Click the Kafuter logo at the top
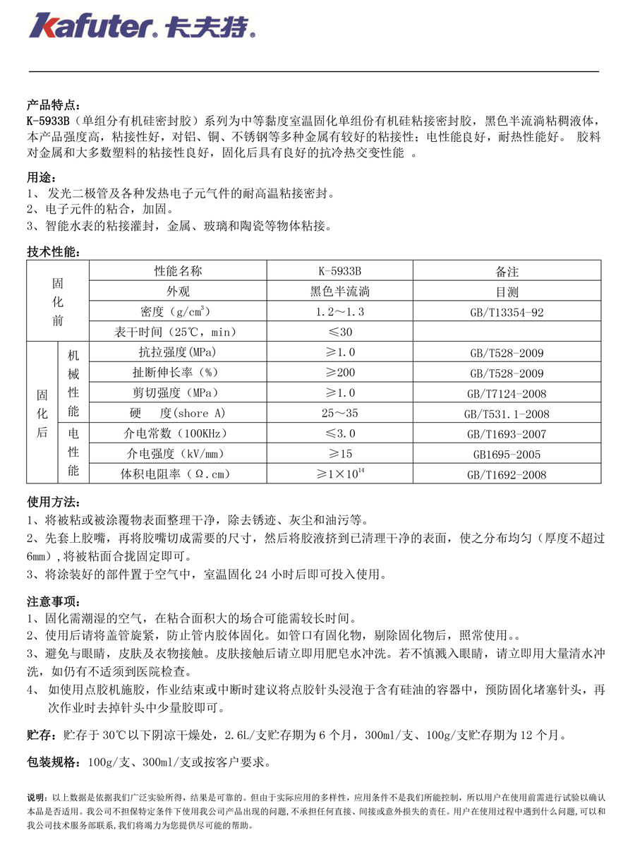click(141, 26)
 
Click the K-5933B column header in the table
click(339, 271)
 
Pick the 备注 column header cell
click(507, 271)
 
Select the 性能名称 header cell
click(178, 271)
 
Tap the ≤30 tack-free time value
click(339, 332)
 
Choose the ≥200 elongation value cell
click(339, 373)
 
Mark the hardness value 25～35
click(339, 414)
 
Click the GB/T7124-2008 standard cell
click(507, 393)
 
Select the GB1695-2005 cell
click(507, 454)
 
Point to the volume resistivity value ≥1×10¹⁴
click(339, 474)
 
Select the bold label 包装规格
click(54, 762)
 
